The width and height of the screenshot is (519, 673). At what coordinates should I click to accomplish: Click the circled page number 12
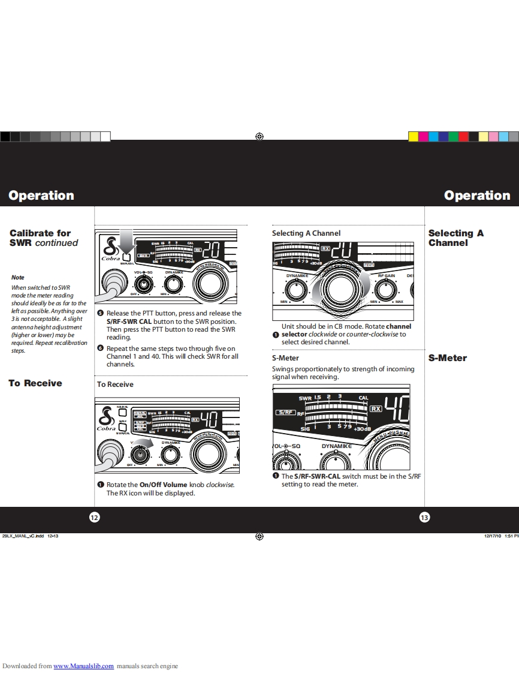coord(94,518)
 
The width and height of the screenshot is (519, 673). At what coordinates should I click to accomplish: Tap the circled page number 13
coord(424,518)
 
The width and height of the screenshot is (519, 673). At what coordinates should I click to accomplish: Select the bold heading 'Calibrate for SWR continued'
coord(44,238)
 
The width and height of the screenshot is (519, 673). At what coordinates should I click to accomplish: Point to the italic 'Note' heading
coord(18,278)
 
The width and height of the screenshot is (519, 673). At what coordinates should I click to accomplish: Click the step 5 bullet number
coord(101,313)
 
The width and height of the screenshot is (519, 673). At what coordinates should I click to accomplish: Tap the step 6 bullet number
coord(101,348)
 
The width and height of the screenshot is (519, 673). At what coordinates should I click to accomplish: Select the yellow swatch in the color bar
coord(414,137)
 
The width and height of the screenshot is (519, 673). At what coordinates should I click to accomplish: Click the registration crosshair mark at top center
coord(259,137)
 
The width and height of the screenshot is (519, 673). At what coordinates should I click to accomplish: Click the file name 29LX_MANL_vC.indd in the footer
coord(23,536)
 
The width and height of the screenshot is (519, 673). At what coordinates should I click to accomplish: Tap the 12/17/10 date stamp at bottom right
coord(492,536)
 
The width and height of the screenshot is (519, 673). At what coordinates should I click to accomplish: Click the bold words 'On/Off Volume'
coord(163,485)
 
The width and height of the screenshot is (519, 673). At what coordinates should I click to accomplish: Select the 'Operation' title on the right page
coord(477,196)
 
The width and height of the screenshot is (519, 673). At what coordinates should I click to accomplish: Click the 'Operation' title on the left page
coord(41,196)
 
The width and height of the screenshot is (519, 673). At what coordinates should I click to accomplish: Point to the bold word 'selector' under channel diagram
coord(294,334)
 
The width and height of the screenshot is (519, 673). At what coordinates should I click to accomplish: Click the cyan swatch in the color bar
coord(514,137)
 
